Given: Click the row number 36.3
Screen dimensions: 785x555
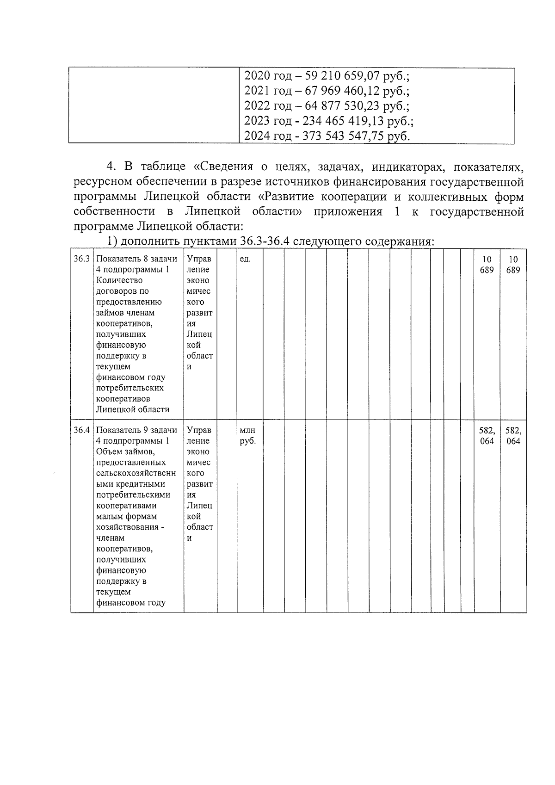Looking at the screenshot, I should (82, 259).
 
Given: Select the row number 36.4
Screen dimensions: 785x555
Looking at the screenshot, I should (82, 430).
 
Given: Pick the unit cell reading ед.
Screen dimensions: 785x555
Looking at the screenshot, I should (246, 259).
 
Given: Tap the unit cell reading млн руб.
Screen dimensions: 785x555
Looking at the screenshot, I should (248, 435).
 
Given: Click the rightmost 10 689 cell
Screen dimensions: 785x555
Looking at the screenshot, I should (513, 265).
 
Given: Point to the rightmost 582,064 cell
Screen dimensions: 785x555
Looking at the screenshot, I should (513, 435).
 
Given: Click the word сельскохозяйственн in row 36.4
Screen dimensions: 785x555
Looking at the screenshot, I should (136, 473).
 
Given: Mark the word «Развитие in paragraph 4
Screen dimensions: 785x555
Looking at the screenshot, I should (286, 197).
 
